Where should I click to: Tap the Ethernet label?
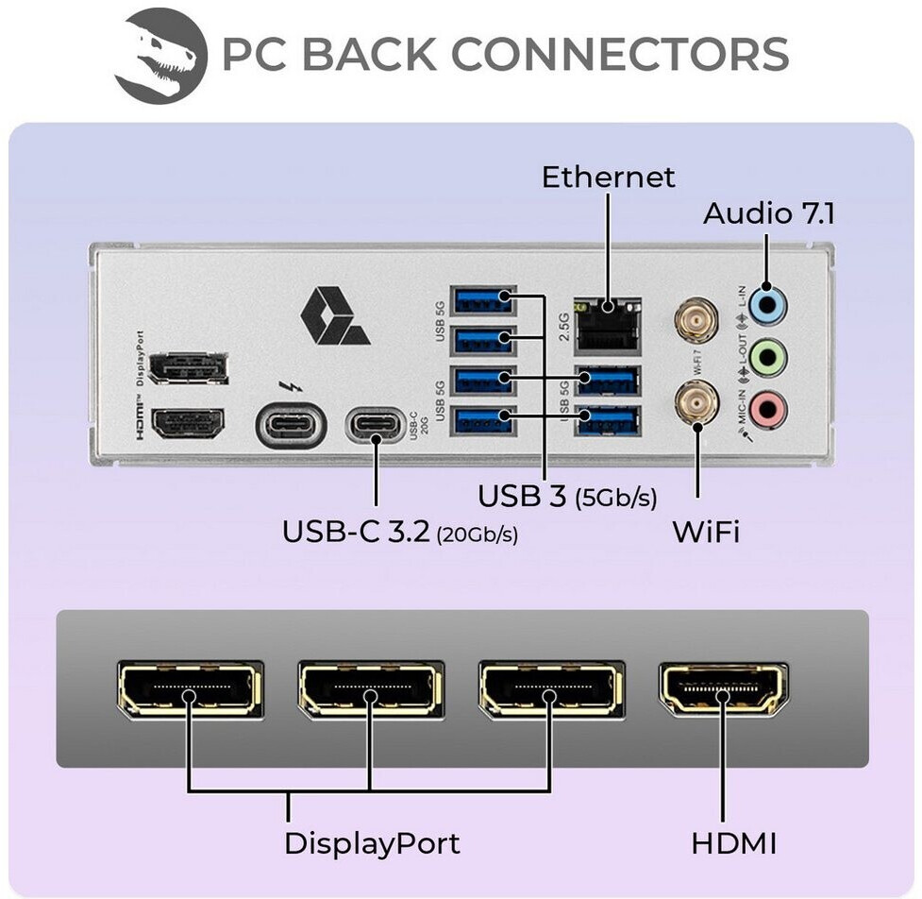(608, 177)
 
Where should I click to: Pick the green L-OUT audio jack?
(769, 357)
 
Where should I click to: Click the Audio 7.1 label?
(768, 214)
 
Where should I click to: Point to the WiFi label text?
(705, 532)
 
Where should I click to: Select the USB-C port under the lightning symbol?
(291, 425)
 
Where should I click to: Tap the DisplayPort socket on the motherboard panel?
(189, 368)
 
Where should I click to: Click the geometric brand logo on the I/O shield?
(334, 317)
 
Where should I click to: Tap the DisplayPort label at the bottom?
(372, 843)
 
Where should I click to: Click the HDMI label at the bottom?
(733, 843)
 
